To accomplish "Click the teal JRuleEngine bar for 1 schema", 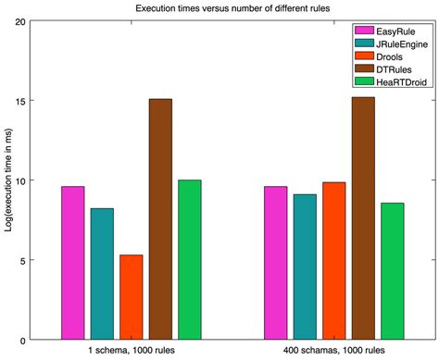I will [102, 274].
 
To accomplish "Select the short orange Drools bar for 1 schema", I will [132, 297].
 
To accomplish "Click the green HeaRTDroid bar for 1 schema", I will [189, 260].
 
